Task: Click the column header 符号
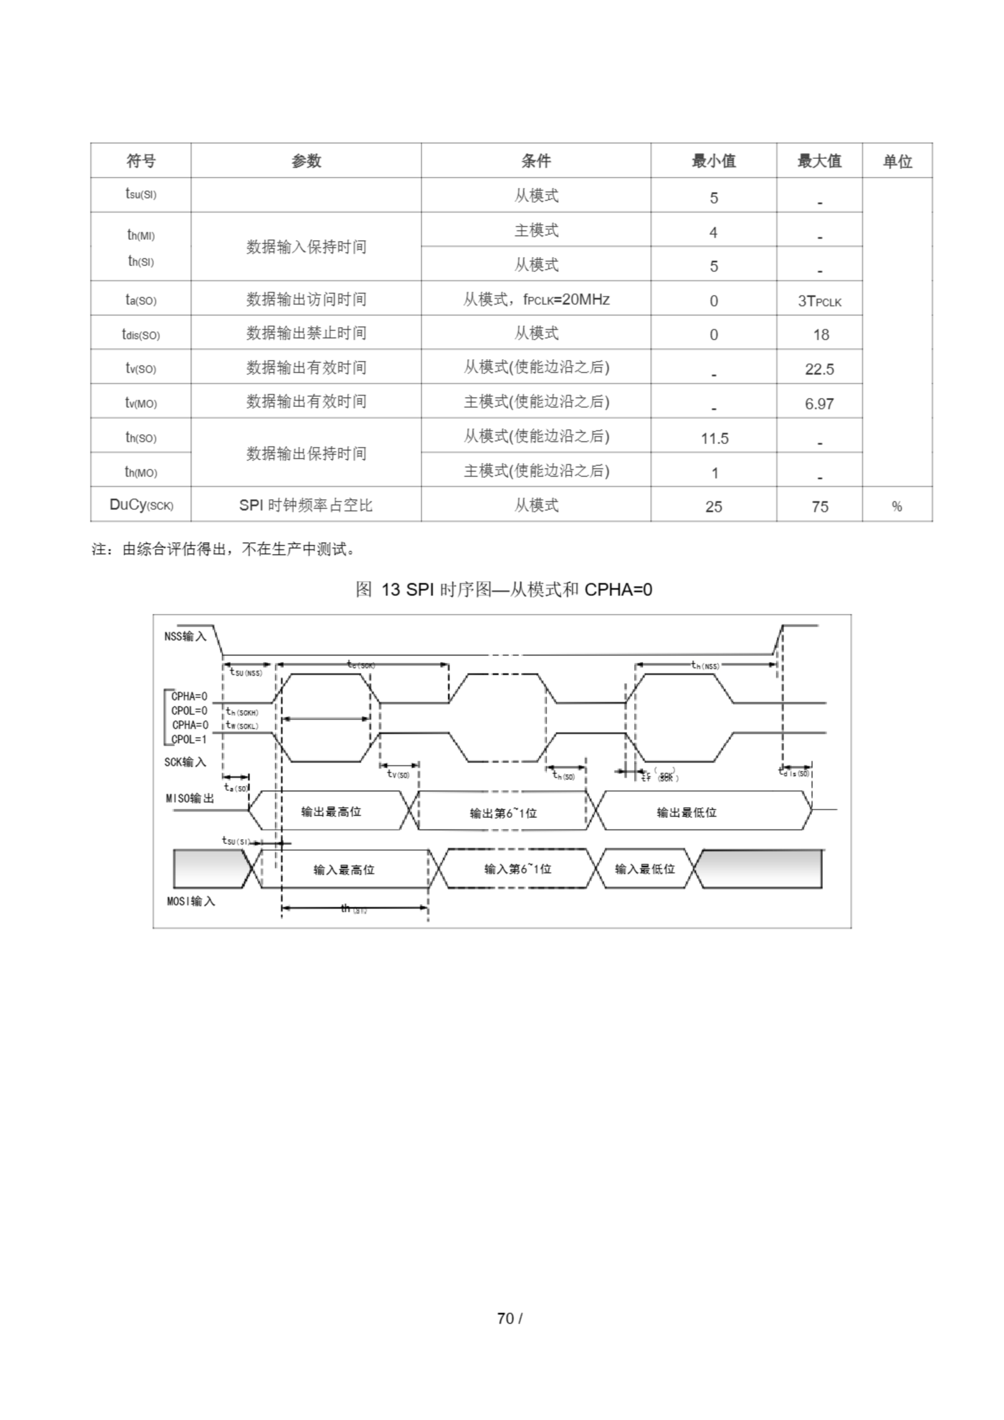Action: (141, 161)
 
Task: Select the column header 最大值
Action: (819, 161)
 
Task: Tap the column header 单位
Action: (897, 161)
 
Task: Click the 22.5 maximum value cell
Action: (819, 369)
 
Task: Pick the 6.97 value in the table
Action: (819, 404)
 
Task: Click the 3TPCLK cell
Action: (819, 301)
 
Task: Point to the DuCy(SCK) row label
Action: (141, 505)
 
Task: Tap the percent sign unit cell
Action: (896, 506)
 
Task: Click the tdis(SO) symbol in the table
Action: (141, 334)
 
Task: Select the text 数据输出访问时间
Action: (306, 300)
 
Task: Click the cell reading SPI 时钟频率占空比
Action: (306, 505)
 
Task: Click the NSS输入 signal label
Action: (185, 636)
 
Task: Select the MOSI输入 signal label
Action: (190, 901)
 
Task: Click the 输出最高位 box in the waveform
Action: (331, 812)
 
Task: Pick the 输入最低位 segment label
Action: (645, 869)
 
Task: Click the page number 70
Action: (505, 1318)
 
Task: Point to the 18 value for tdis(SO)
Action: (820, 334)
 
